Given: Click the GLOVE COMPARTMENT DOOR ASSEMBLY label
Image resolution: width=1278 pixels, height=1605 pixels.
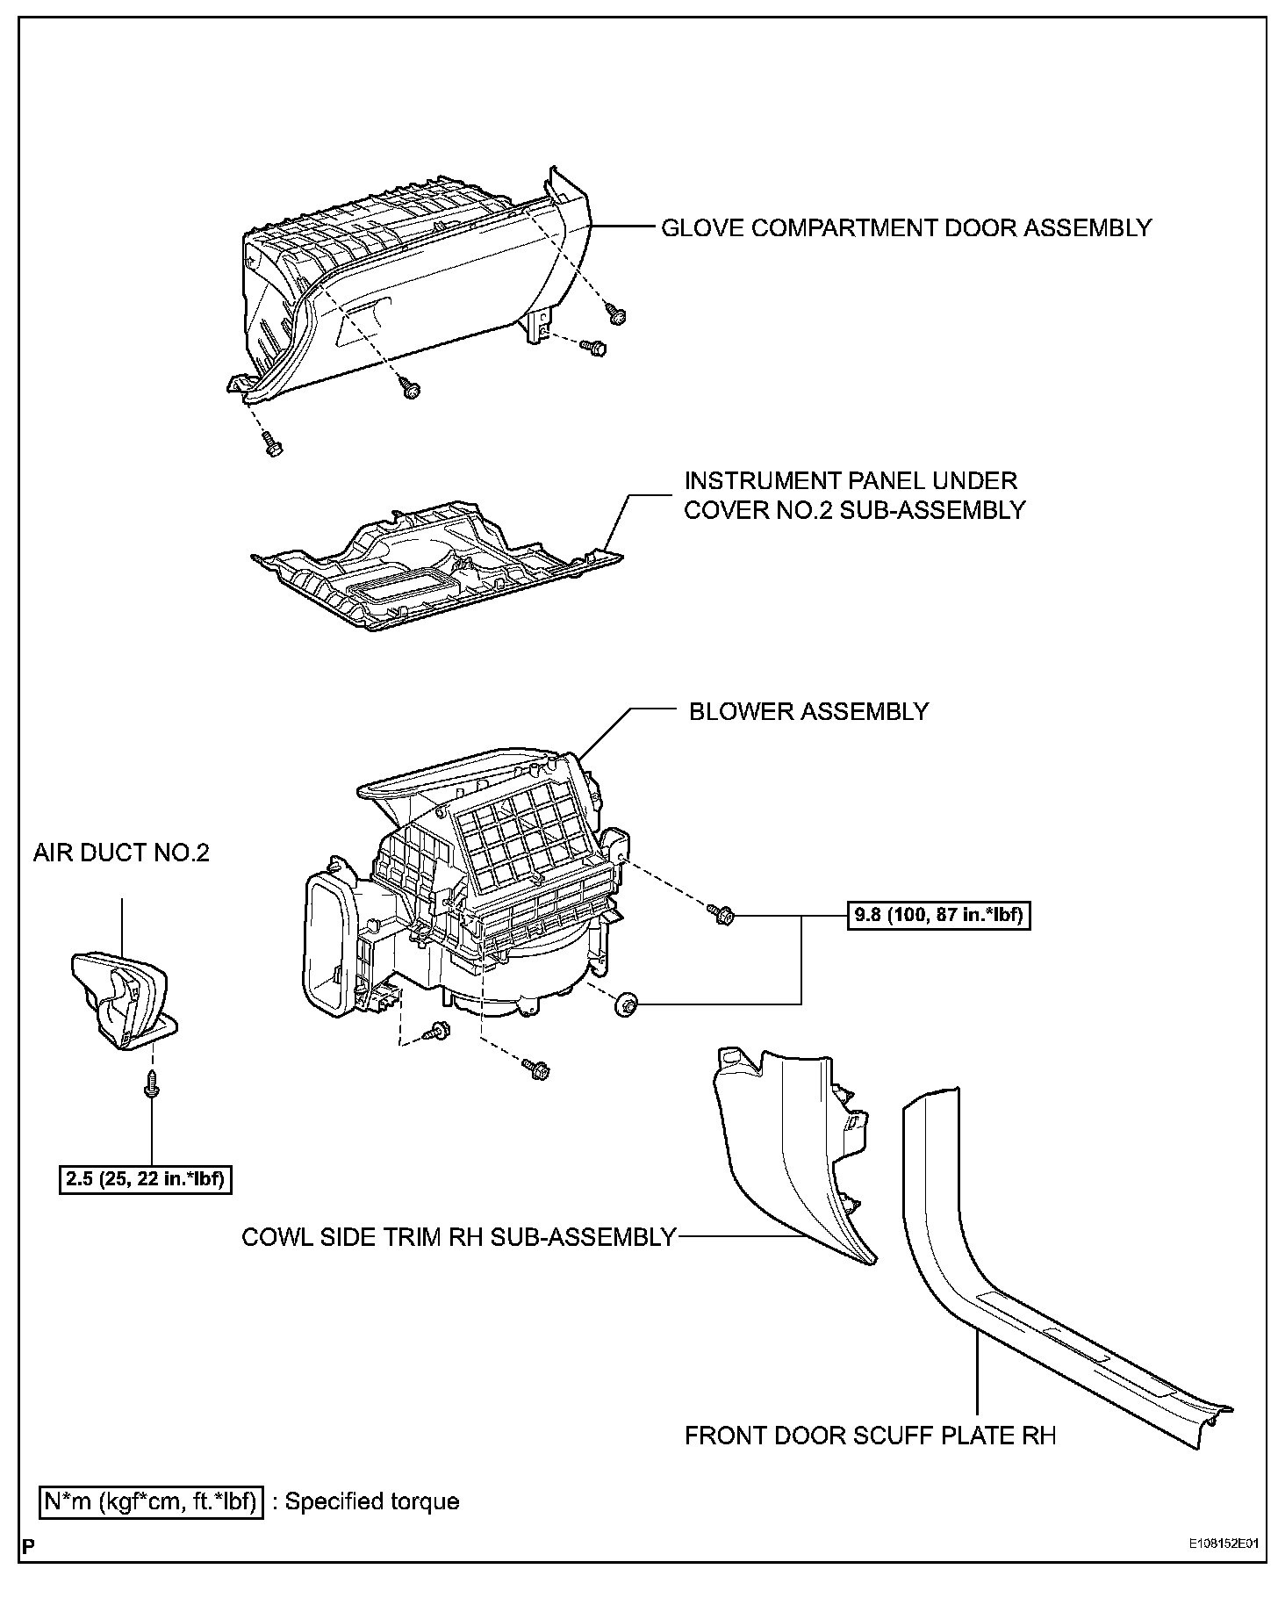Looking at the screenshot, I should (905, 228).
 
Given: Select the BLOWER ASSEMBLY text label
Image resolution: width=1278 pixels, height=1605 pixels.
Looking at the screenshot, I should (808, 711).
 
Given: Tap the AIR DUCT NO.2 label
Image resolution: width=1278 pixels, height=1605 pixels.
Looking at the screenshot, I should (121, 853).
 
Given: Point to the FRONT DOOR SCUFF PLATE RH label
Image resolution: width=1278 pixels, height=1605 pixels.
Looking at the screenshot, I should (870, 1436).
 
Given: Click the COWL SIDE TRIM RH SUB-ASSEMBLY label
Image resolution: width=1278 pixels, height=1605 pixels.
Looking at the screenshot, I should (458, 1237).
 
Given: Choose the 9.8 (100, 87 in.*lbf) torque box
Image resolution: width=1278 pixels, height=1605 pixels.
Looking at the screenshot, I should (938, 916).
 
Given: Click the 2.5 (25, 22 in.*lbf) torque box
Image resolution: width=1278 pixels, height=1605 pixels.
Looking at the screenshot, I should (145, 1178).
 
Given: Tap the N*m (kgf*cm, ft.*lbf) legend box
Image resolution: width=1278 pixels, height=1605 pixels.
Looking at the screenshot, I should (151, 1501).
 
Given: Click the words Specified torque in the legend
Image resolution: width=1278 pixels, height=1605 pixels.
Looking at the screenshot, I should (372, 1501).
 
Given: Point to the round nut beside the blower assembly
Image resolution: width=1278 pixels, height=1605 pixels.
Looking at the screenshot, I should (627, 1004).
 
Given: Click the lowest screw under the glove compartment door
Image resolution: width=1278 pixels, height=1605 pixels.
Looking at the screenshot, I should (271, 446).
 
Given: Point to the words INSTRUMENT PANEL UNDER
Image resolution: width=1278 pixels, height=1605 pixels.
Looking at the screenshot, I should (850, 481).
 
